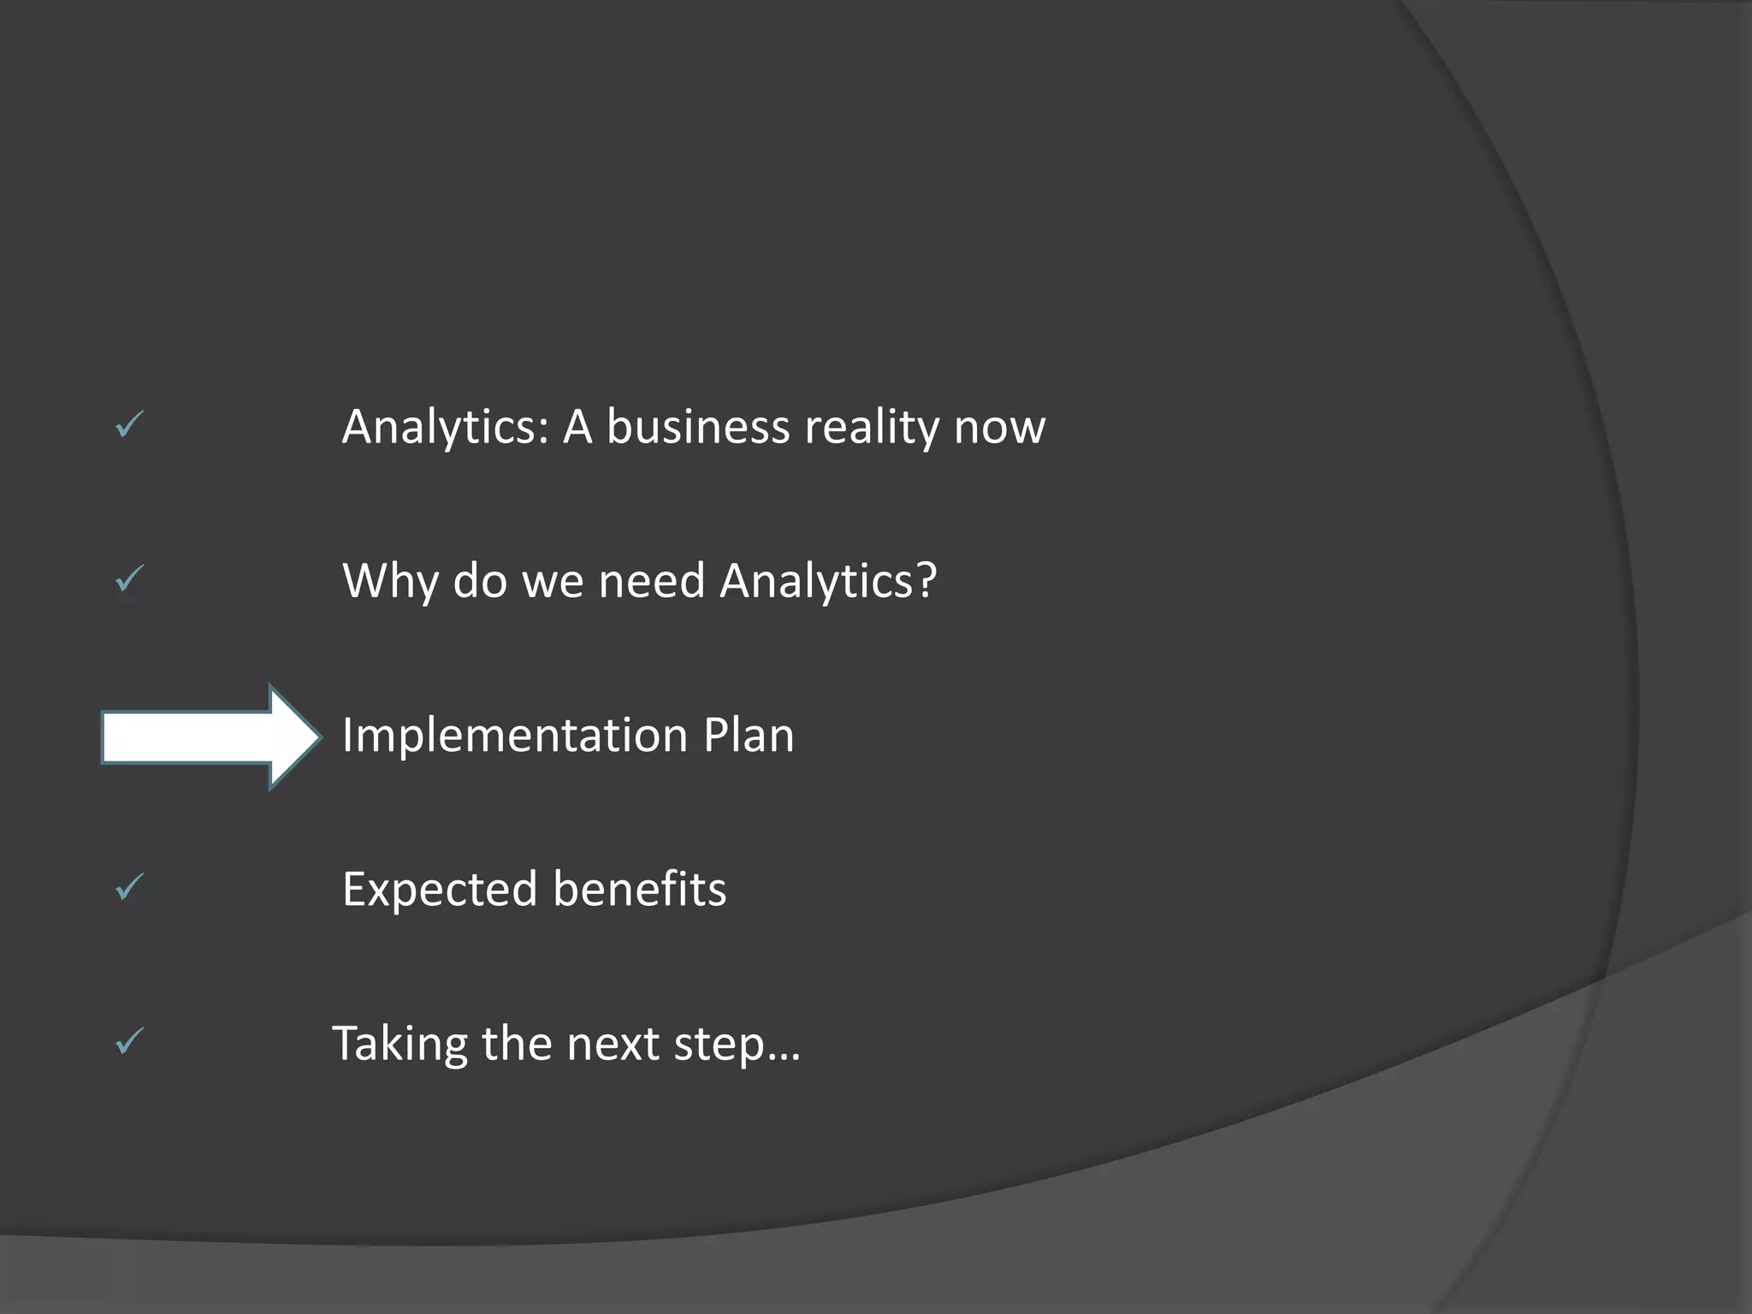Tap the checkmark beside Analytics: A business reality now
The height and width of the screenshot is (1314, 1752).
point(130,424)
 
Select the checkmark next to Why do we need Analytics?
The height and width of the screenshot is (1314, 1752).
point(130,579)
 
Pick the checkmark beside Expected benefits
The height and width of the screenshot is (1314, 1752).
point(130,887)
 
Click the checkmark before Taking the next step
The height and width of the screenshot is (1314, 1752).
point(130,1041)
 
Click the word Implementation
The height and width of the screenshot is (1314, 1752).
point(515,736)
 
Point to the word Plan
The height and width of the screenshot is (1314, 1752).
point(749,736)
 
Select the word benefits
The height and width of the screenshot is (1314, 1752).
point(640,890)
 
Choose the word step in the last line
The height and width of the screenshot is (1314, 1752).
point(719,1045)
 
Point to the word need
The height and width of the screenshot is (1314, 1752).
point(652,582)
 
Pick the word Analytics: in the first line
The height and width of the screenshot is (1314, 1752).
point(445,428)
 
